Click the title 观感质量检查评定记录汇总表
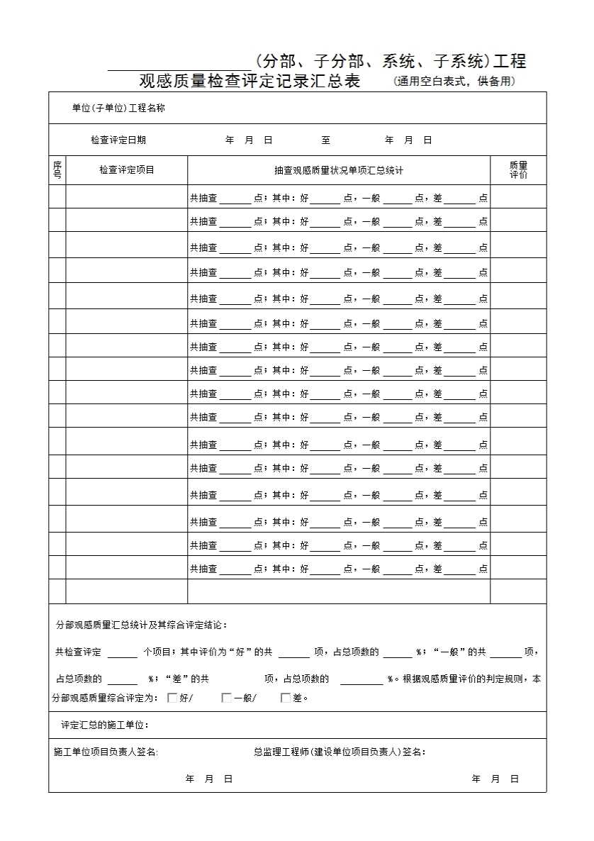(x=250, y=81)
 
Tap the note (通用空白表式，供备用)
(x=454, y=82)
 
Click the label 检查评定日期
(x=118, y=140)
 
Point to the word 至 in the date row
(x=325, y=140)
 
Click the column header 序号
(x=57, y=170)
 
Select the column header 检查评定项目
(x=127, y=169)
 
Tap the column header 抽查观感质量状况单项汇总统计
(x=339, y=170)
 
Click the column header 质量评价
(x=518, y=170)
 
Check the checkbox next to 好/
(x=172, y=698)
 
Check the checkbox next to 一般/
(x=227, y=698)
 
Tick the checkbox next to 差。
(x=286, y=698)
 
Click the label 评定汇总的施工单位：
(x=105, y=725)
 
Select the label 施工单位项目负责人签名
(x=106, y=752)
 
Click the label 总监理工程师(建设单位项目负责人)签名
(x=340, y=752)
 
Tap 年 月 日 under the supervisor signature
(x=495, y=779)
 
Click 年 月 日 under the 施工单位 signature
(x=209, y=779)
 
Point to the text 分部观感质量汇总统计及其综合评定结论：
(x=142, y=625)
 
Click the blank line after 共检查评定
(x=122, y=653)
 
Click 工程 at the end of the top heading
(x=510, y=61)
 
